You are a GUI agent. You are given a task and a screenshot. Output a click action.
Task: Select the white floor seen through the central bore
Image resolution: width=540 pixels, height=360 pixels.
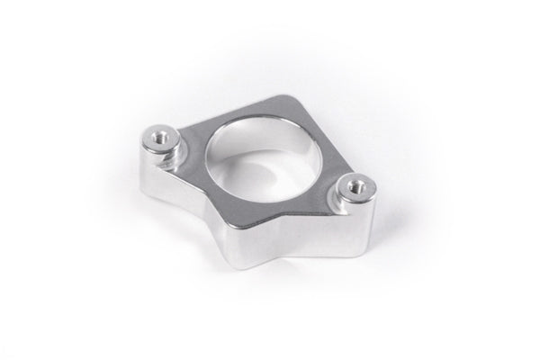pos(261,180)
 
